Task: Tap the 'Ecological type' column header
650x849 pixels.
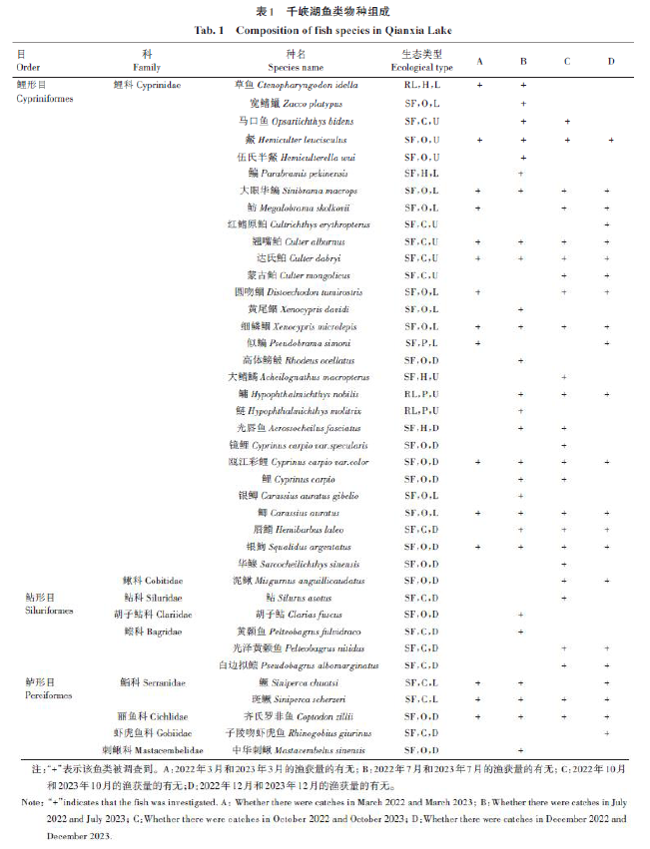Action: pos(420,68)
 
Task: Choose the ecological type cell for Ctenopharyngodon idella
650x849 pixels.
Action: pos(420,86)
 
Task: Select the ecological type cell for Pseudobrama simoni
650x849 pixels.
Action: pos(420,342)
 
